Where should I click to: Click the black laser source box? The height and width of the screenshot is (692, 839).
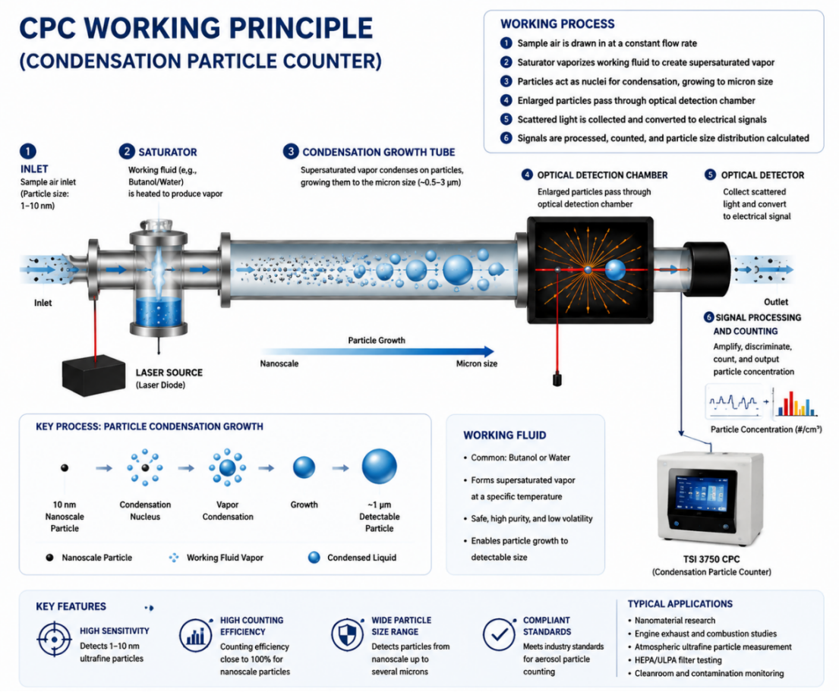coord(93,375)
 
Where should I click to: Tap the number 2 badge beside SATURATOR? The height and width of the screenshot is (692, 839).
coord(127,151)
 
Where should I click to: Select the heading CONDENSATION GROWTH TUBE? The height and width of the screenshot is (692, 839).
coord(379,153)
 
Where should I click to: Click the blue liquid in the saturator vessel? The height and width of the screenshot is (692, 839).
coord(159,311)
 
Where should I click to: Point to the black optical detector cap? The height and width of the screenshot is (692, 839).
coord(707,269)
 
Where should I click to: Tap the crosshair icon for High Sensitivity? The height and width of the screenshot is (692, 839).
coord(54,639)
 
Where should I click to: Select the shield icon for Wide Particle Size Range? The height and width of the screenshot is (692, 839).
coord(347,635)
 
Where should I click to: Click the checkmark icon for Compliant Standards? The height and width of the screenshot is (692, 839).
coord(499,635)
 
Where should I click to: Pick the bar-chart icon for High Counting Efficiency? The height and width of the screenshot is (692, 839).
coord(195,635)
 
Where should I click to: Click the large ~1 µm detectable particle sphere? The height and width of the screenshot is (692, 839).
coord(380,467)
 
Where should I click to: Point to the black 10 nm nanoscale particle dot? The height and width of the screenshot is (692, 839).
coord(65,468)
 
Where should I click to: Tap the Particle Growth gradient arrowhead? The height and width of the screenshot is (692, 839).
coord(488,351)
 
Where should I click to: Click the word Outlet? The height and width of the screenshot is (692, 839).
coord(776,302)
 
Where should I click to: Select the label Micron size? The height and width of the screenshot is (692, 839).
coord(477,363)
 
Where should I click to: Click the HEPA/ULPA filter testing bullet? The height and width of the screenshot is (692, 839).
coord(677,660)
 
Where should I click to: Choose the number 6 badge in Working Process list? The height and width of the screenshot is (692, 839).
coord(506,138)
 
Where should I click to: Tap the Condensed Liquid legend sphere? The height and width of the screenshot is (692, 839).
coord(314,558)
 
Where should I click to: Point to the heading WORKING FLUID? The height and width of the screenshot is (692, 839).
coord(505,436)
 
